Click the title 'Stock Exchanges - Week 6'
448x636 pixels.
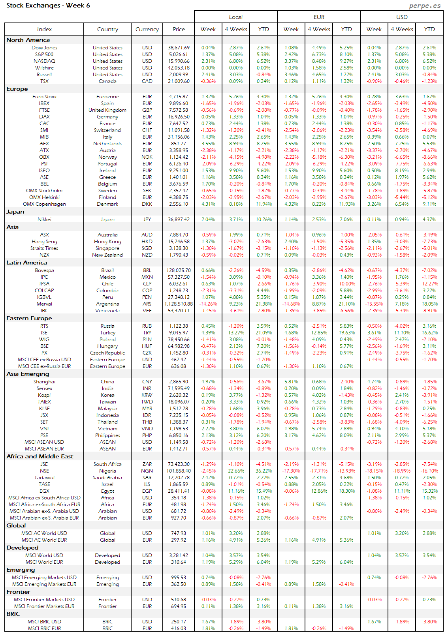(x=48, y=6)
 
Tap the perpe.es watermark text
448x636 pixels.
(x=425, y=6)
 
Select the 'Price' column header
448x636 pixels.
(x=179, y=29)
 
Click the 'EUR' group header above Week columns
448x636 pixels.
(x=319, y=17)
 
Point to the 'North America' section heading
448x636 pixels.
(x=28, y=40)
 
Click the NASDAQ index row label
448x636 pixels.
(x=44, y=61)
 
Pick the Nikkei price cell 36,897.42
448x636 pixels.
(x=179, y=220)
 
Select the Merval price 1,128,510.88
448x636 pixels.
(x=179, y=304)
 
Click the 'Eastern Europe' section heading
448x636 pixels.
(x=29, y=318)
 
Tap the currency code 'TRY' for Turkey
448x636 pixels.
(x=147, y=333)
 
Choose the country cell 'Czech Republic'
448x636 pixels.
(x=107, y=353)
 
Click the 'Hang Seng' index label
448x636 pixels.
(x=44, y=242)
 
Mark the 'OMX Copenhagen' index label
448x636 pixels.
(x=44, y=204)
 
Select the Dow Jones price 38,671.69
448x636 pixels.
(x=179, y=48)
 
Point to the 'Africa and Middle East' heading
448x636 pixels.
(x=40, y=456)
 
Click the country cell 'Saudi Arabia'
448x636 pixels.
(x=107, y=478)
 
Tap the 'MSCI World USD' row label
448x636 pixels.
(x=44, y=555)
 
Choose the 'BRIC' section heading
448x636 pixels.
(x=13, y=614)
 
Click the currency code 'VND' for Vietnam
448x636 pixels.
(x=147, y=429)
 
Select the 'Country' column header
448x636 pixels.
(x=107, y=29)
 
